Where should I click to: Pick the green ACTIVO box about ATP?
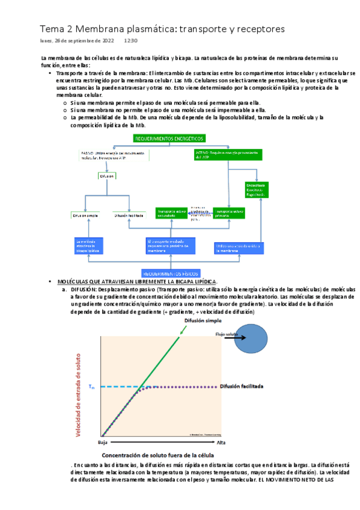click(228, 155)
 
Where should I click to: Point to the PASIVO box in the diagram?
click(115, 155)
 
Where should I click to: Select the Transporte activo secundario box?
click(172, 213)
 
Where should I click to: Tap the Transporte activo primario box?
click(228, 213)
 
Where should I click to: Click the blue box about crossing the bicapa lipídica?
click(89, 246)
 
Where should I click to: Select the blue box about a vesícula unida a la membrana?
click(239, 248)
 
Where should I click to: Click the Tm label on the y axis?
click(91, 387)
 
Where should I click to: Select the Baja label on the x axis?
click(103, 442)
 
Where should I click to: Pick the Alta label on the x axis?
click(221, 442)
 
